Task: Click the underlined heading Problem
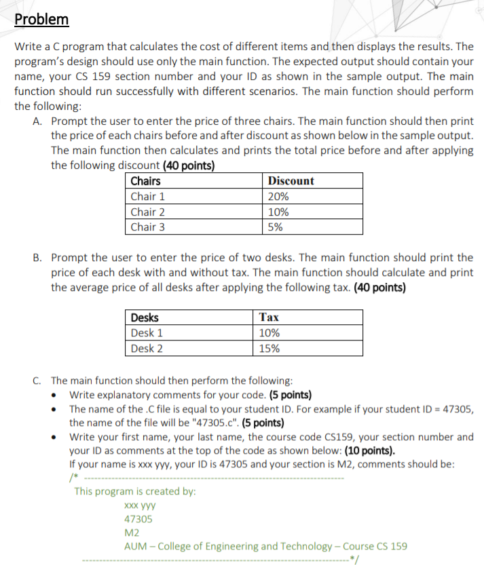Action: pyautogui.click(x=42, y=19)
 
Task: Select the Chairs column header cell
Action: pyautogui.click(x=145, y=181)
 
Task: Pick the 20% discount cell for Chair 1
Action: pyautogui.click(x=278, y=197)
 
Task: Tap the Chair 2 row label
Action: pyautogui.click(x=147, y=212)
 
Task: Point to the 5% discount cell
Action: pyautogui.click(x=275, y=227)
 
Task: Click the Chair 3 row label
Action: pyautogui.click(x=147, y=227)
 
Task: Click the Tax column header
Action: pyautogui.click(x=269, y=317)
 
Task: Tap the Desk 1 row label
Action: pyautogui.click(x=146, y=333)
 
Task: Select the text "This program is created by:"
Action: pyautogui.click(x=135, y=491)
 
